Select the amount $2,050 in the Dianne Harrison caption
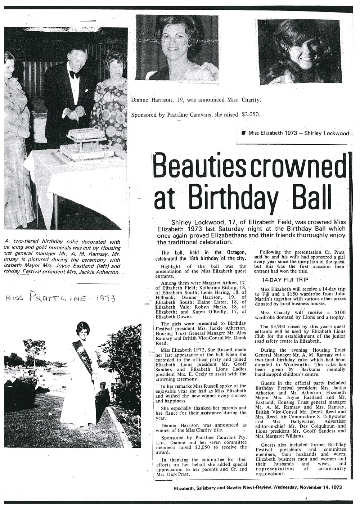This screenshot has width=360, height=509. point(249,114)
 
